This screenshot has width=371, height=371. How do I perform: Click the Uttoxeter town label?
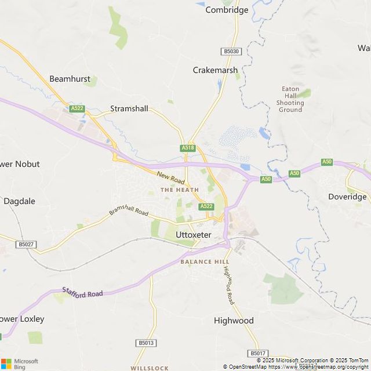pos(193,235)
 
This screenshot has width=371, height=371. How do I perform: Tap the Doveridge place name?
pos(347,197)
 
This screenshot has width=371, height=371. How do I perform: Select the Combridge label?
pos(227,10)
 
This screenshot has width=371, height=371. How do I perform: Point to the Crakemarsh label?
pos(215,70)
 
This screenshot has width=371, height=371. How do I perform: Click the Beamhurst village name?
pos(70,78)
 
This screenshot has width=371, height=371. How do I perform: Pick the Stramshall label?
pos(129,108)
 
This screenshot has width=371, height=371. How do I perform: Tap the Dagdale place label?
pos(19,201)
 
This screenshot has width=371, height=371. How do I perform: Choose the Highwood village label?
pos(234,321)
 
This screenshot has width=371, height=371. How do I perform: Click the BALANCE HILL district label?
pos(205,262)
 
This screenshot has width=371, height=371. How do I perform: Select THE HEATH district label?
pos(180,190)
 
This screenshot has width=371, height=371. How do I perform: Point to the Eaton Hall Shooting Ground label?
pos(290,99)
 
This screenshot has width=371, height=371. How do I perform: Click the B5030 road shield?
pos(231,52)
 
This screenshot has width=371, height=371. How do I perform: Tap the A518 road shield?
pos(188,148)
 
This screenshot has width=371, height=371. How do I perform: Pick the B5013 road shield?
pos(147,343)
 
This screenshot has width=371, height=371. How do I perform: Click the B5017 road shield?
pos(257,353)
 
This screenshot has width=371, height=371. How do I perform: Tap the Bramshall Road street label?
pos(129,210)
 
